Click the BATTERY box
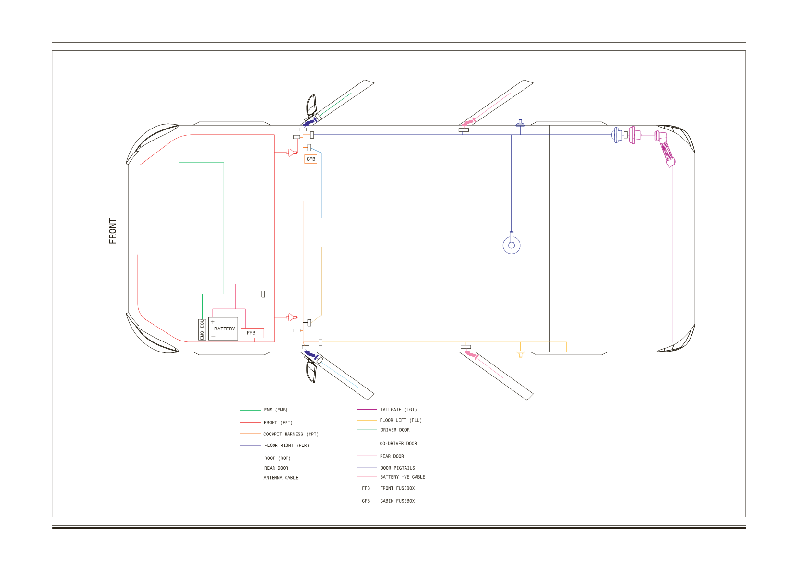pyautogui.click(x=223, y=329)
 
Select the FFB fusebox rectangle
pyautogui.click(x=252, y=333)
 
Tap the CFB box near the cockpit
pyautogui.click(x=310, y=159)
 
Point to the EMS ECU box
pyautogui.click(x=202, y=329)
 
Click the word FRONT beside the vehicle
pyautogui.click(x=113, y=231)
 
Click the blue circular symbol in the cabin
pyautogui.click(x=512, y=245)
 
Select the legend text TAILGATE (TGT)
pyautogui.click(x=398, y=410)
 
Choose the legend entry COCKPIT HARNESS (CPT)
pyautogui.click(x=291, y=434)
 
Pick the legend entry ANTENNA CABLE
pyautogui.click(x=281, y=478)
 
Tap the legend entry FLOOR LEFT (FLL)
pyautogui.click(x=401, y=420)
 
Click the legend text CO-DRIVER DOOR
pyautogui.click(x=398, y=443)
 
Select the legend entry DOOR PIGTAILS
pyautogui.click(x=398, y=468)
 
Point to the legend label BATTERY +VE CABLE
pyautogui.click(x=403, y=477)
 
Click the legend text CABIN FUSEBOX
pyautogui.click(x=397, y=501)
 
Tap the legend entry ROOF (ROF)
pyautogui.click(x=277, y=458)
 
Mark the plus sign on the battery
pyautogui.click(x=213, y=322)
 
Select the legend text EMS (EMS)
pyautogui.click(x=276, y=410)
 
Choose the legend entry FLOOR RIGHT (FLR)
pyautogui.click(x=286, y=446)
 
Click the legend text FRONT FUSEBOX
pyautogui.click(x=397, y=488)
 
